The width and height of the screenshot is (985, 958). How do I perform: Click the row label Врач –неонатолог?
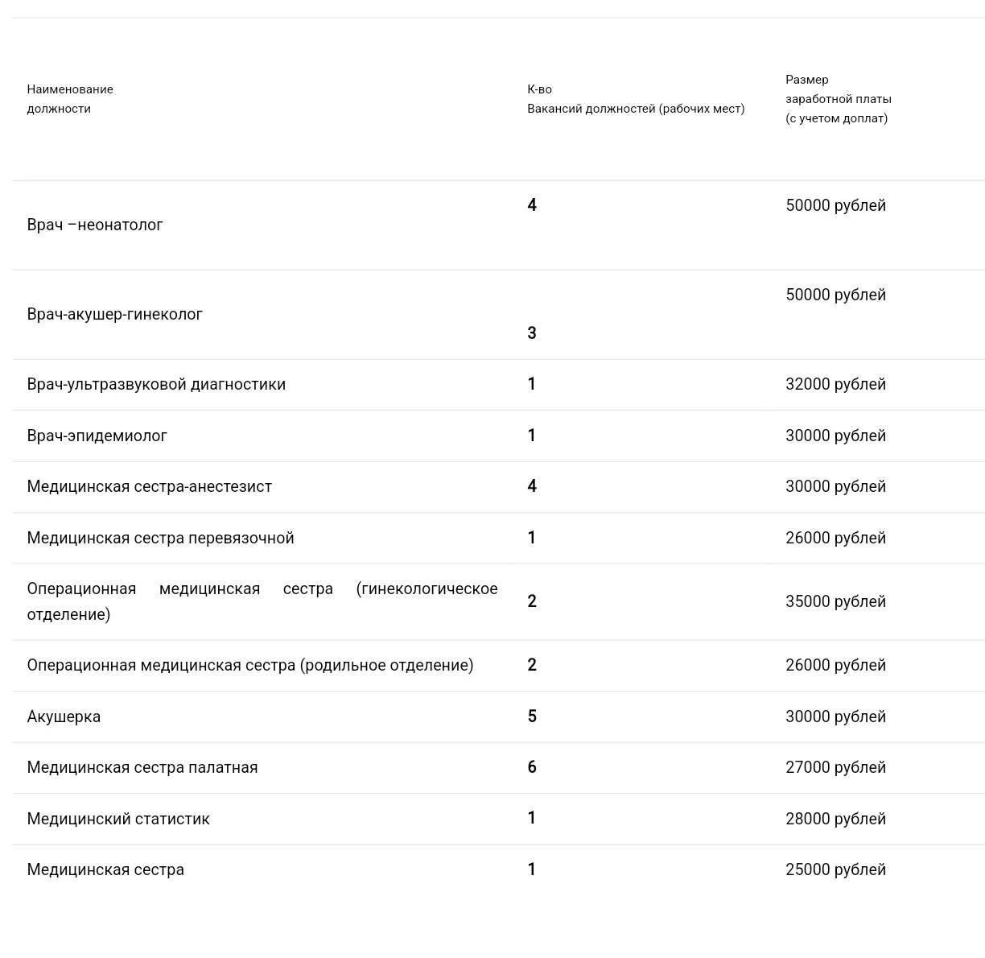click(95, 225)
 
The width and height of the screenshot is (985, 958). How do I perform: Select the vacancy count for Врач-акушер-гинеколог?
click(532, 333)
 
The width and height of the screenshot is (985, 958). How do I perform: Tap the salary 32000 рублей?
click(835, 385)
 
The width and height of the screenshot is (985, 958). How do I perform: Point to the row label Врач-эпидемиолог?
click(97, 436)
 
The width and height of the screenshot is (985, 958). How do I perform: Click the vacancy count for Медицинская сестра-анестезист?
click(532, 486)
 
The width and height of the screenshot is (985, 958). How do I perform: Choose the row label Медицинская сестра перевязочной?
click(160, 539)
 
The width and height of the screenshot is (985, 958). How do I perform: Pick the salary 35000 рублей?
click(835, 602)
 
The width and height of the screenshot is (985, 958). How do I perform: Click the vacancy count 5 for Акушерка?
click(532, 716)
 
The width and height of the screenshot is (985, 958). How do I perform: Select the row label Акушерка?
click(64, 717)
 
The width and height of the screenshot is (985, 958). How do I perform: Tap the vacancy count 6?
click(532, 767)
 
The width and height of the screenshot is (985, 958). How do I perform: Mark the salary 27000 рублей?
click(835, 768)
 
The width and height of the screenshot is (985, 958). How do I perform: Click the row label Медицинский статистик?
click(118, 820)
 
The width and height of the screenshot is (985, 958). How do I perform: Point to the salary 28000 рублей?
click(835, 820)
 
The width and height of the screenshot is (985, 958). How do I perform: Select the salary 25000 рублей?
click(835, 870)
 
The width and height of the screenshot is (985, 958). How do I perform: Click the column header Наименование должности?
click(70, 99)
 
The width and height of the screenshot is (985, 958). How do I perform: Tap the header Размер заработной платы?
click(838, 99)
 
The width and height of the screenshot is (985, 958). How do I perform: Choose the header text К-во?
click(539, 89)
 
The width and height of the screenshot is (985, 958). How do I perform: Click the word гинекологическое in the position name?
click(427, 589)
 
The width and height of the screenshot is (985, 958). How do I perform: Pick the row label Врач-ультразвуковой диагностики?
click(156, 385)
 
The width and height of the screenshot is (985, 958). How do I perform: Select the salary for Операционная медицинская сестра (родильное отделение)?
click(835, 666)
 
